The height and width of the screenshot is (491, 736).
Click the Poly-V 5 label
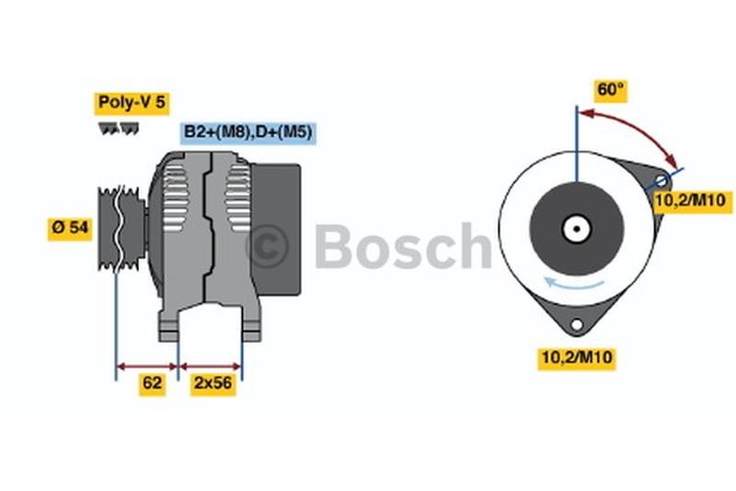coord(132,103)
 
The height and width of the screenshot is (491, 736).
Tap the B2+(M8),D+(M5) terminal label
coord(247,133)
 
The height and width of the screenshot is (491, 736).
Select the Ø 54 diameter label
coord(70,228)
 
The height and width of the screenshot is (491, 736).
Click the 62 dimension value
coord(153,383)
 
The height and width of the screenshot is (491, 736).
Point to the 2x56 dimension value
coord(212,383)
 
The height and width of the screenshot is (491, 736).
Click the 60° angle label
coord(611,90)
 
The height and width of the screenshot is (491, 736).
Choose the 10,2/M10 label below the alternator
coord(577,358)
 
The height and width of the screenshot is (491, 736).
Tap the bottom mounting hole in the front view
coord(577,324)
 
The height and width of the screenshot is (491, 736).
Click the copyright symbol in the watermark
coord(268,247)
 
